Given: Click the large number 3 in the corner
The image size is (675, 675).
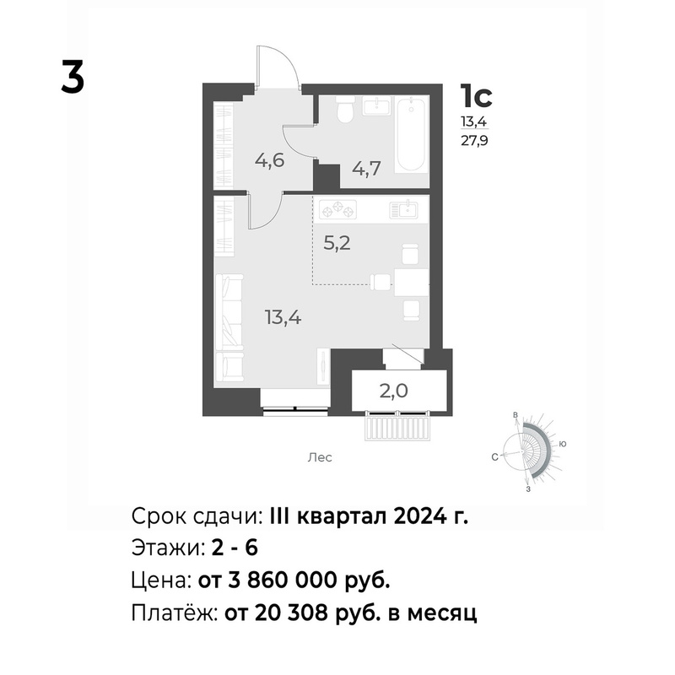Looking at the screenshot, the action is point(73,76).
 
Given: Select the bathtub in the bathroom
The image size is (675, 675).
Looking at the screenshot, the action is point(412,134).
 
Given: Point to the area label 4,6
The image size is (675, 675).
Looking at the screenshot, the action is point(270,160).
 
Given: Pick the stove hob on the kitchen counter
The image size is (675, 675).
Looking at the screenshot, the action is point(338,209).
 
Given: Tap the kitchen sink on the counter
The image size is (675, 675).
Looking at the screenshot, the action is point(403,209).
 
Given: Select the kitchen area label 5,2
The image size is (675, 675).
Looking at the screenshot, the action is point(337,244).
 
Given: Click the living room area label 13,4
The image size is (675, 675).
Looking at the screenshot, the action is point(283,318).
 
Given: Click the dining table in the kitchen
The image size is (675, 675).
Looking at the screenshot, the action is point(412,283).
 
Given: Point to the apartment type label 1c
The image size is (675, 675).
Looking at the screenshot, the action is point(476,95).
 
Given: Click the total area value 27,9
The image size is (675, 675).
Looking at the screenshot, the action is point(474,141).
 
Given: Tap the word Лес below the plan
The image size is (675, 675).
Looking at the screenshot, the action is point(320,457).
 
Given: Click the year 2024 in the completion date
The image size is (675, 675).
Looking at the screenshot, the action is point(419,516).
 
